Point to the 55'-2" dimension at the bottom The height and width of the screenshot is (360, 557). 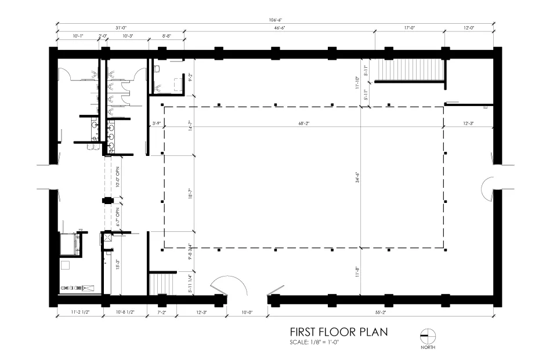click(x=380, y=312)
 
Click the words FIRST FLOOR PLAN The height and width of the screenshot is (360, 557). click(x=339, y=332)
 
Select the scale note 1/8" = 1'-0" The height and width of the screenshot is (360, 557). click(x=313, y=342)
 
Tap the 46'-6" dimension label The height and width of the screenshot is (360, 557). click(x=279, y=28)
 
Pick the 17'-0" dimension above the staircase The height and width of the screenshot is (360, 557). click(x=408, y=28)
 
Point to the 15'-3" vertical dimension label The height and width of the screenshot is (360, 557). click(x=118, y=264)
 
